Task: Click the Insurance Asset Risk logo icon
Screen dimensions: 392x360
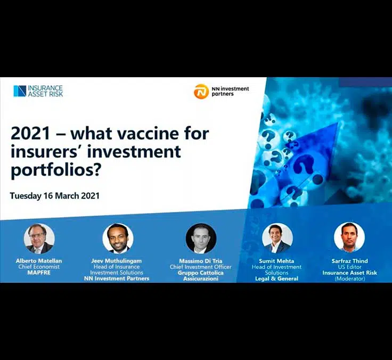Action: pyautogui.click(x=20, y=91)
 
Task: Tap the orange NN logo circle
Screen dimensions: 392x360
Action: pyautogui.click(x=201, y=91)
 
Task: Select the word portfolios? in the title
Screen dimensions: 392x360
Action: pyautogui.click(x=55, y=170)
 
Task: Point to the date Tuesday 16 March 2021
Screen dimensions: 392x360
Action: pyautogui.click(x=54, y=195)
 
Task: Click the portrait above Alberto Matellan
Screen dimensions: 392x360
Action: pyautogui.click(x=39, y=239)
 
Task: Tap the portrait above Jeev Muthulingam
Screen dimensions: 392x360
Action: pyautogui.click(x=118, y=239)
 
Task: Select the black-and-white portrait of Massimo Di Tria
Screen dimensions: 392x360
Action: pyautogui.click(x=201, y=239)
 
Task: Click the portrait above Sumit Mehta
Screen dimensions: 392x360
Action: pyautogui.click(x=277, y=238)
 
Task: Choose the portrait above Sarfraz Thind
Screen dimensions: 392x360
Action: pyautogui.click(x=349, y=238)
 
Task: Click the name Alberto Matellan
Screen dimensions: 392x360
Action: pyautogui.click(x=39, y=261)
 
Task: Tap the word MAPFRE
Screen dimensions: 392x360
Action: pyautogui.click(x=39, y=273)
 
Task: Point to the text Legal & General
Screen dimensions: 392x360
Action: pyautogui.click(x=277, y=279)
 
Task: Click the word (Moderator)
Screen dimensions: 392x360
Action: pyautogui.click(x=350, y=279)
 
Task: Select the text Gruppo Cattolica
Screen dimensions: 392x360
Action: pyautogui.click(x=200, y=273)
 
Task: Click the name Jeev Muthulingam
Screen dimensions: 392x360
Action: pyautogui.click(x=117, y=261)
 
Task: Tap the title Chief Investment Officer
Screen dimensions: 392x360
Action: pyautogui.click(x=200, y=267)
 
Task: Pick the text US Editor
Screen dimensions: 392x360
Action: pyautogui.click(x=350, y=267)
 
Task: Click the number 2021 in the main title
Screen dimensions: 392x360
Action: pyautogui.click(x=30, y=133)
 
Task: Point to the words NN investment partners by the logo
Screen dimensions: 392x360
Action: pyautogui.click(x=230, y=91)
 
